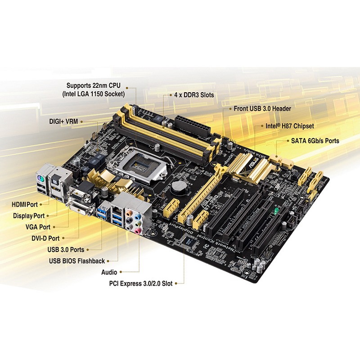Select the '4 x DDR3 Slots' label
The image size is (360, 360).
tap(194, 95)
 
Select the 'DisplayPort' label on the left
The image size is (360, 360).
tap(29, 216)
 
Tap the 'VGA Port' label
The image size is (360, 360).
tap(38, 227)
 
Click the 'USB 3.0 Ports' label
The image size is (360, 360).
tap(65, 249)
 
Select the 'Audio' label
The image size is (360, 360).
tap(109, 272)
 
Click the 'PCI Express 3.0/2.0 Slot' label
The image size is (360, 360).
tap(141, 283)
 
